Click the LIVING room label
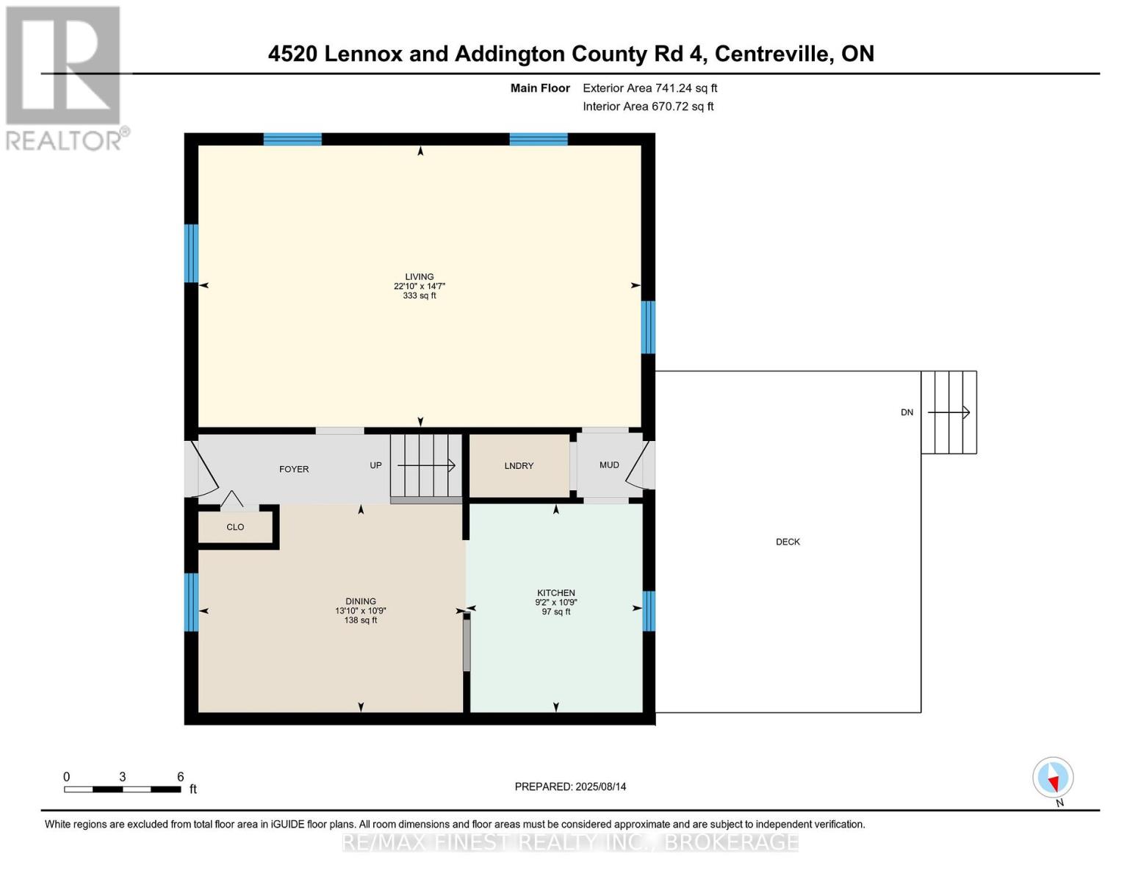pos(419,277)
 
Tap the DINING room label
pos(360,601)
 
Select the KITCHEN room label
pos(555,593)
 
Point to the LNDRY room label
pos(519,466)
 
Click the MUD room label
pos(609,465)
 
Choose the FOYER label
pos(294,469)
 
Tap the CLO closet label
pos(235,527)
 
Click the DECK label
pos(788,542)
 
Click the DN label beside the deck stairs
pos(907,412)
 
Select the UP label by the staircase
pos(375,465)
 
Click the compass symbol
pos(1053,778)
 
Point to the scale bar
pos(123,789)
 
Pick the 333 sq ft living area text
pos(419,296)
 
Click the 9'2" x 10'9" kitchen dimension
pos(555,603)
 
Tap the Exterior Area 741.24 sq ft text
pos(649,88)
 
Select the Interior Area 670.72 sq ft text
pos(648,107)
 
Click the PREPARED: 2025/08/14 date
pos(570,786)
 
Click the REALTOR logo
pos(65,77)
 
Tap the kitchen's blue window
pos(648,612)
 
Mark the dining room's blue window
pos(191,602)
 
